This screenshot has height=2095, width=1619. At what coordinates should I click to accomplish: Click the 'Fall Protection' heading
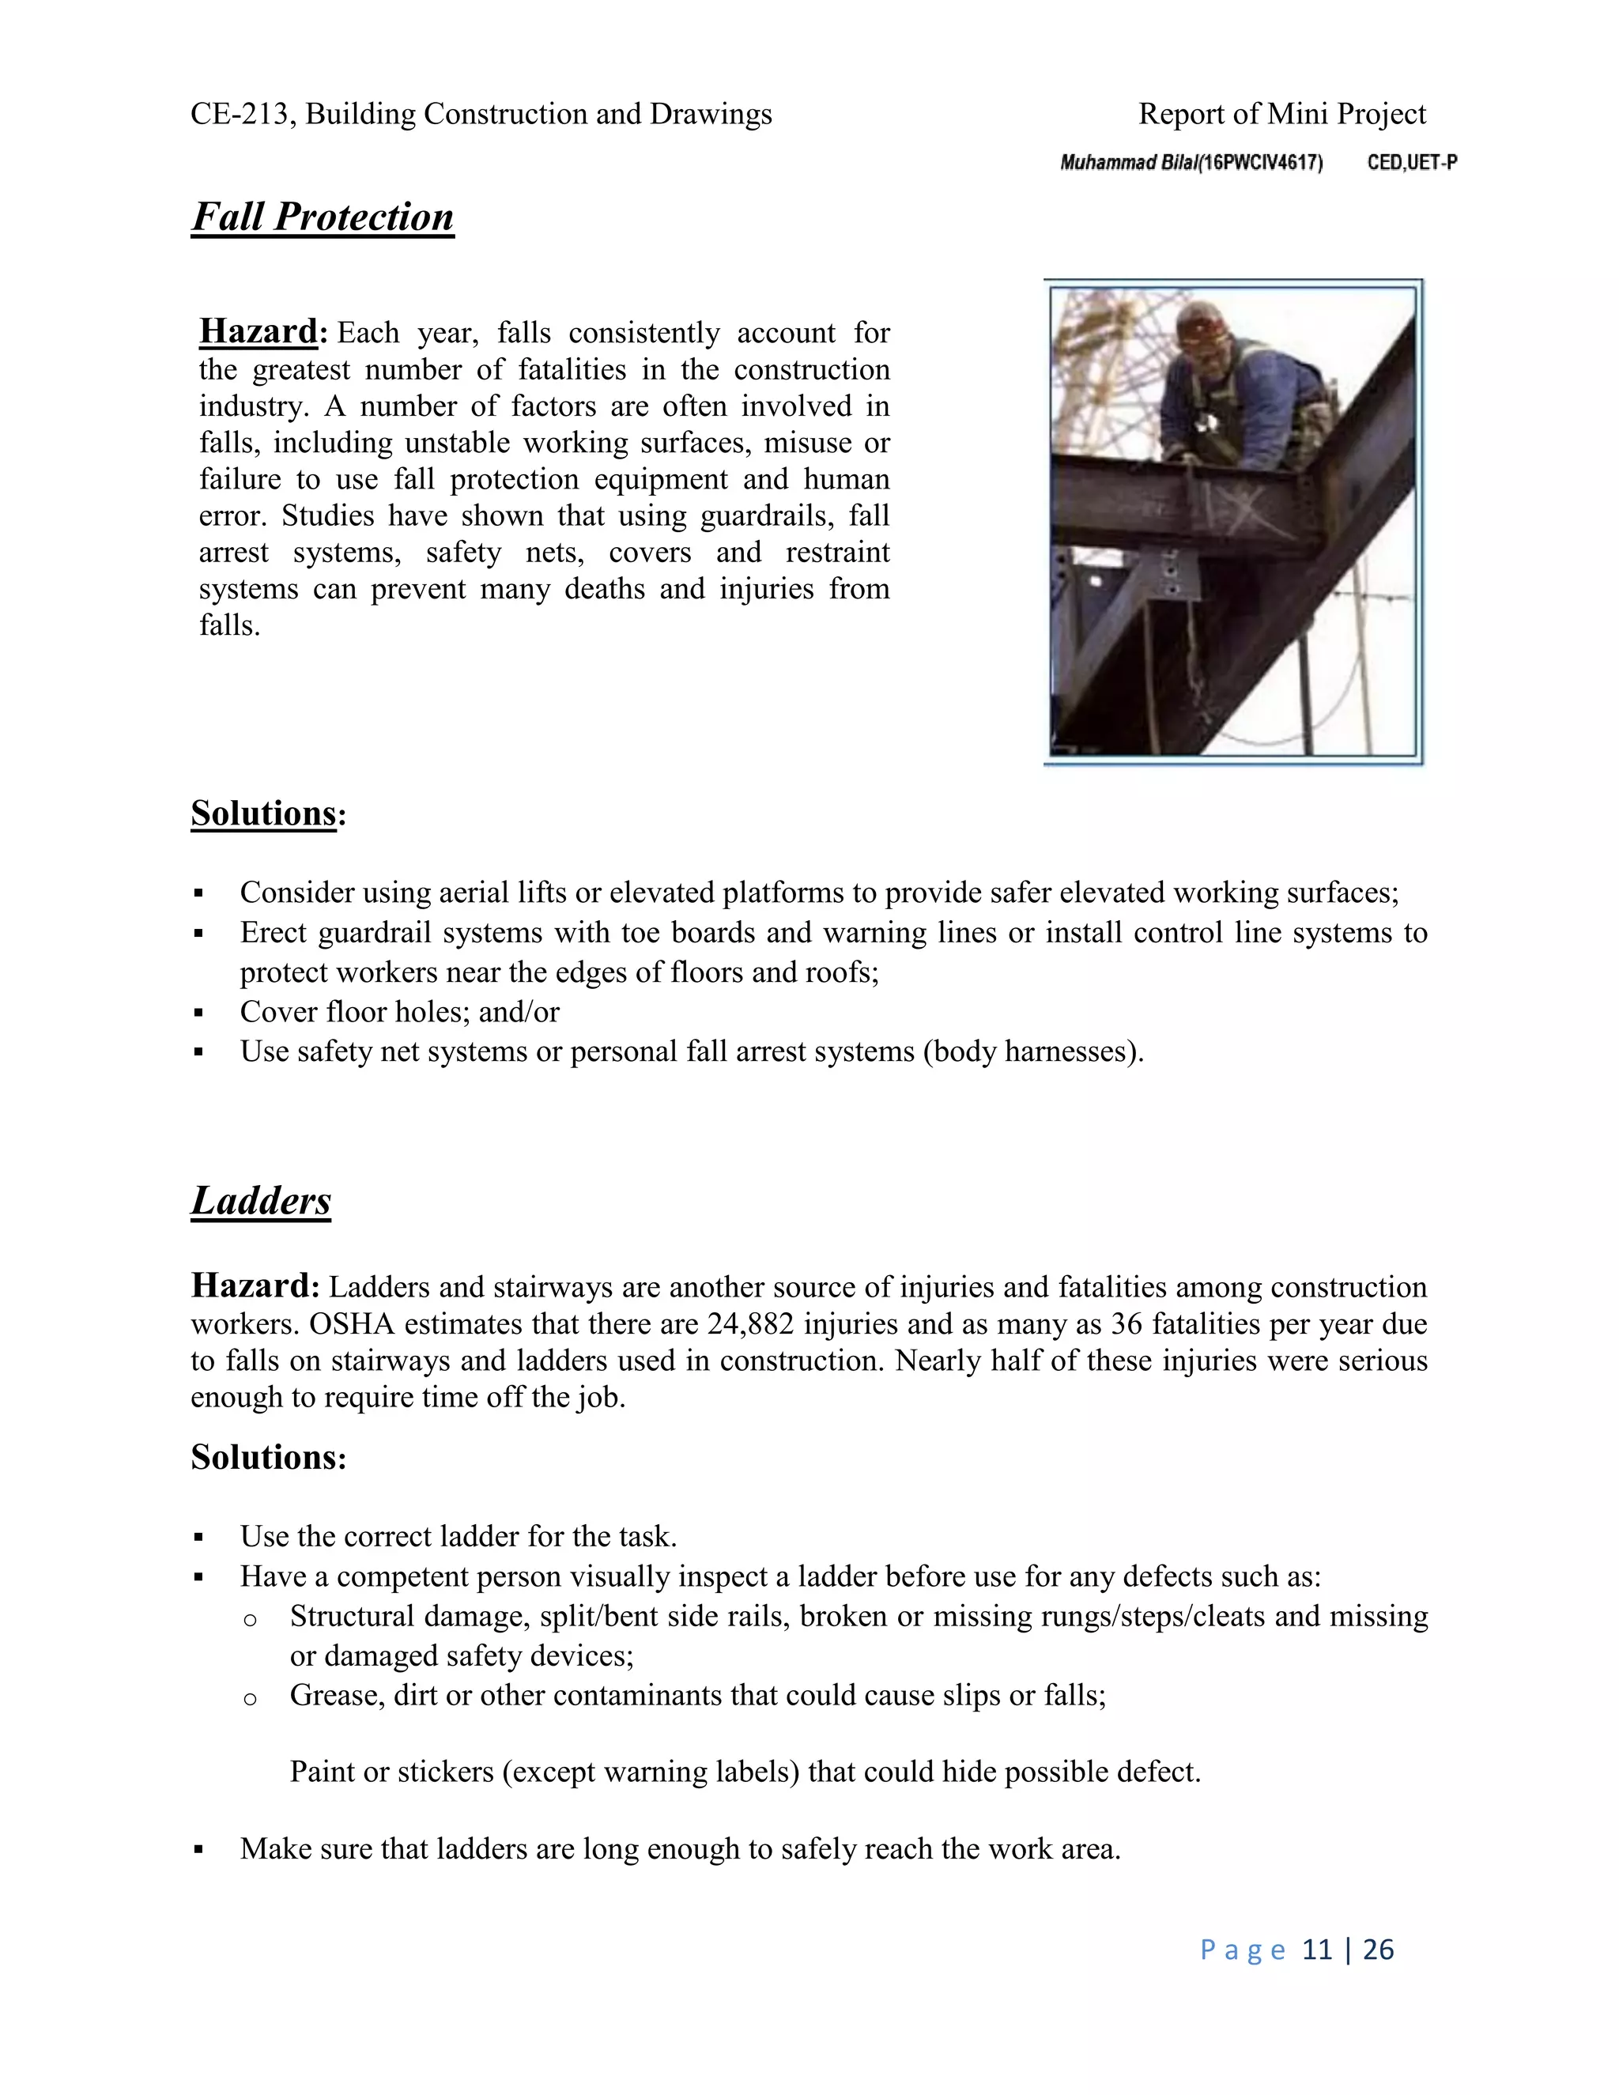(323, 217)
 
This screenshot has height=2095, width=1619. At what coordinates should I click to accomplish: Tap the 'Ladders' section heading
(261, 1200)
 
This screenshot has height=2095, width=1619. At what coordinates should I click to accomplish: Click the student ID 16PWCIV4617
(1260, 163)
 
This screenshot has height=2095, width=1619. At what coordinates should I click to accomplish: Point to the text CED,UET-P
(1412, 163)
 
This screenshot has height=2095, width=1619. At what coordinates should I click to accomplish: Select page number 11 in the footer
(1317, 1950)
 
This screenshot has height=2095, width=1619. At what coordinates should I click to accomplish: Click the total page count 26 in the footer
(1377, 1950)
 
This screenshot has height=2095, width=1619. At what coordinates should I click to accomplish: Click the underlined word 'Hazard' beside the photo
(257, 331)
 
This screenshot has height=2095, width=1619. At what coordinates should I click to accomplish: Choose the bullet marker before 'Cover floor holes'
(198, 1012)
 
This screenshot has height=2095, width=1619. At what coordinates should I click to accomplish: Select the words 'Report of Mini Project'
(1281, 114)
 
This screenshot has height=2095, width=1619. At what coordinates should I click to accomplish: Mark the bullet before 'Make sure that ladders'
(198, 1848)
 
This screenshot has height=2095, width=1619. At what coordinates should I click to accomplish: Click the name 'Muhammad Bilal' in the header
(1128, 163)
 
